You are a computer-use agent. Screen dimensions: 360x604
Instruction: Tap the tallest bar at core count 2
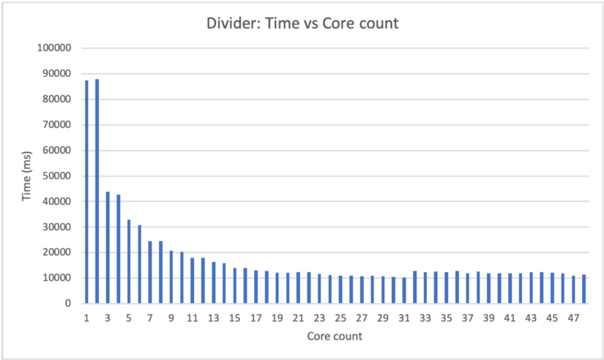(97, 191)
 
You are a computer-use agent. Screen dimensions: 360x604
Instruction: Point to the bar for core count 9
(171, 277)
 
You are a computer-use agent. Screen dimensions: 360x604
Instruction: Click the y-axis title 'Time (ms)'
(26, 176)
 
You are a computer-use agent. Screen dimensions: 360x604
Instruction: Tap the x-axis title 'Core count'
(335, 337)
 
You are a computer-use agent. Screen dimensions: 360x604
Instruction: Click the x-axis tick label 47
(574, 318)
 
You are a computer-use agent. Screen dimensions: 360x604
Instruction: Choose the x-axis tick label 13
(213, 318)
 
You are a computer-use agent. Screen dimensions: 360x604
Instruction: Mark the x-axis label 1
(86, 318)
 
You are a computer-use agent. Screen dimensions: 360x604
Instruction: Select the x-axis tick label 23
(319, 318)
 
